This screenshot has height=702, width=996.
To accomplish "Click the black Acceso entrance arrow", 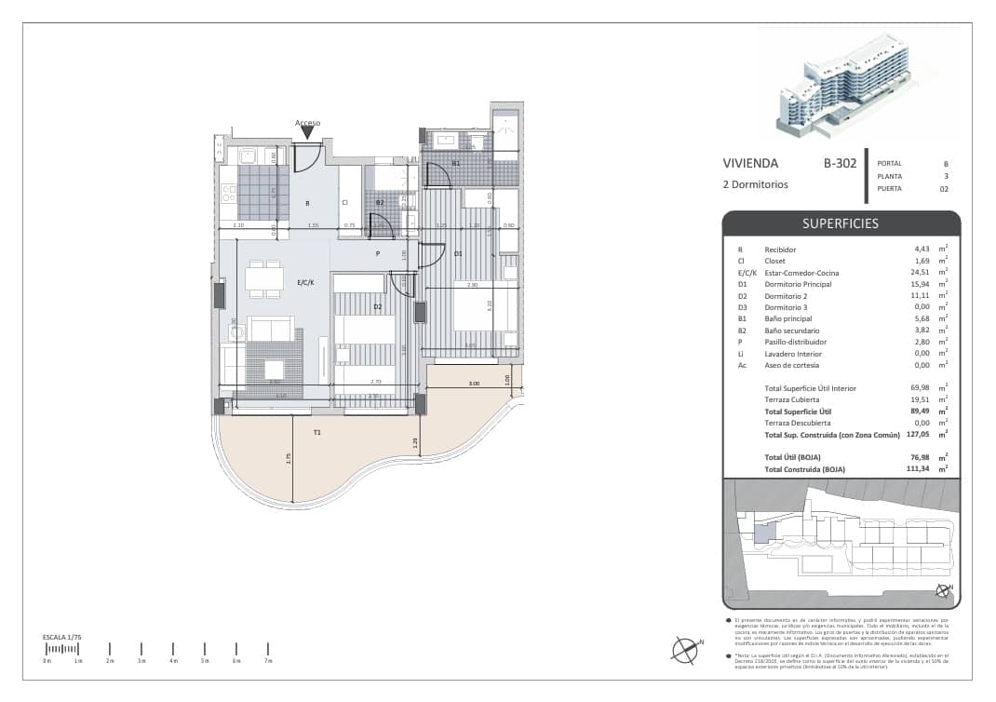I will [307, 133].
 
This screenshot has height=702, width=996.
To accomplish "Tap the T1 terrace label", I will [317, 432].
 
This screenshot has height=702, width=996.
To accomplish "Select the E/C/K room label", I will [305, 281].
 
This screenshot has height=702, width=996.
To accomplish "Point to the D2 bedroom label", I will [378, 306].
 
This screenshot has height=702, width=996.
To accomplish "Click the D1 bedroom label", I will [457, 253].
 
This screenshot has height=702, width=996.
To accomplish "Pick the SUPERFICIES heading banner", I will [841, 223].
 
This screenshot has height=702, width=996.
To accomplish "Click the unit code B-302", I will [839, 163].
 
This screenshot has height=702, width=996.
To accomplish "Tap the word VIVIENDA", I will [750, 163].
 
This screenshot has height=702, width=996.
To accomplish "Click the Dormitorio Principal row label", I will [798, 284].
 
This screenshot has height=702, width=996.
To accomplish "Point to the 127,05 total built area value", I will [921, 434].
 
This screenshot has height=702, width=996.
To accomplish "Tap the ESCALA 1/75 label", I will [61, 637].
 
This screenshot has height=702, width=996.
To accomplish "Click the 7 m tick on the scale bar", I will [268, 649].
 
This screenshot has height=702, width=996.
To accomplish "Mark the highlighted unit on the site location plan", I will [763, 533].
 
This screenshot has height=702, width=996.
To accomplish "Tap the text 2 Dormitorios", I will [755, 184].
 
